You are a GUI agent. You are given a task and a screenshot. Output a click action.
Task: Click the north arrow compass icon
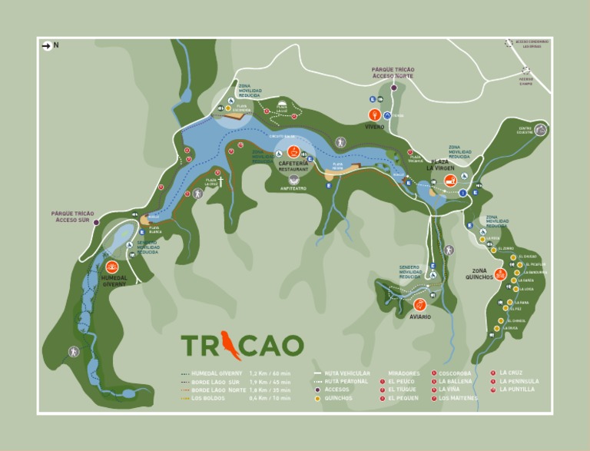47,46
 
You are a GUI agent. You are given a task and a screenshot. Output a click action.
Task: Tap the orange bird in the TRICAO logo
228,343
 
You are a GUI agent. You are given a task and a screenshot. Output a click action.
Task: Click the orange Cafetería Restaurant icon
293,151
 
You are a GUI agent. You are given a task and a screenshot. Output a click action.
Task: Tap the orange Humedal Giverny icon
111,266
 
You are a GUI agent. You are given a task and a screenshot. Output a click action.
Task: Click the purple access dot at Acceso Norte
394,88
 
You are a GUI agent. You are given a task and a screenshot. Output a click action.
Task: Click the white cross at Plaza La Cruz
220,182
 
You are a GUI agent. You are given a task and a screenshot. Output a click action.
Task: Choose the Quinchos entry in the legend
338,398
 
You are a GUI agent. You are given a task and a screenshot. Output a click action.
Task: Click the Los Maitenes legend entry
458,398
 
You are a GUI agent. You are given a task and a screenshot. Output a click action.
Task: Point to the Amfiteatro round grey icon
294,178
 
